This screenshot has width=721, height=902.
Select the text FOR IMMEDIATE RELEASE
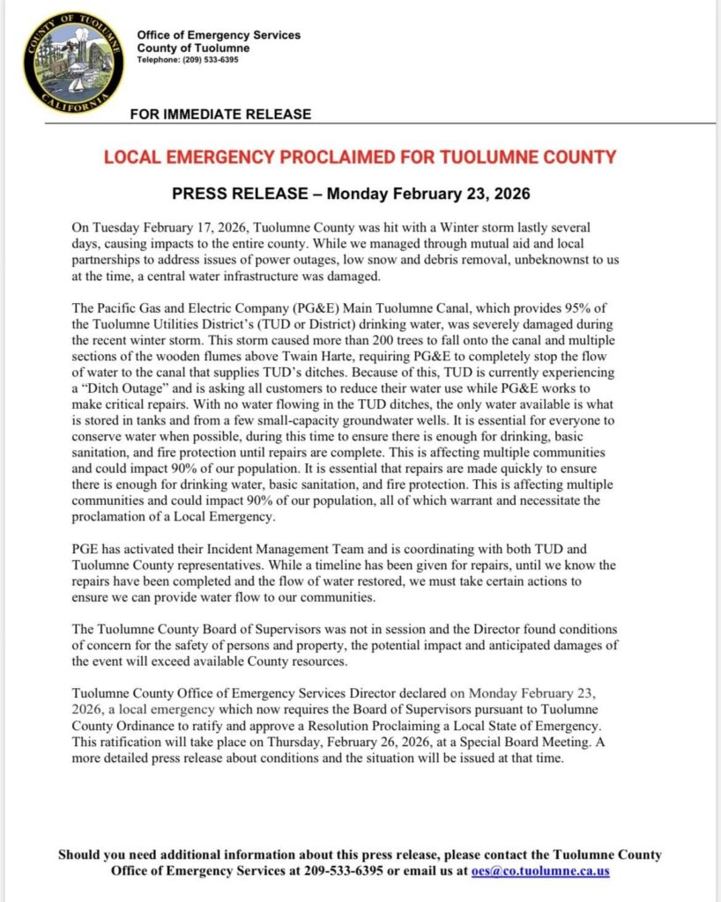(x=220, y=114)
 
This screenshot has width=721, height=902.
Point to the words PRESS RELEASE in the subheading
(x=230, y=193)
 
